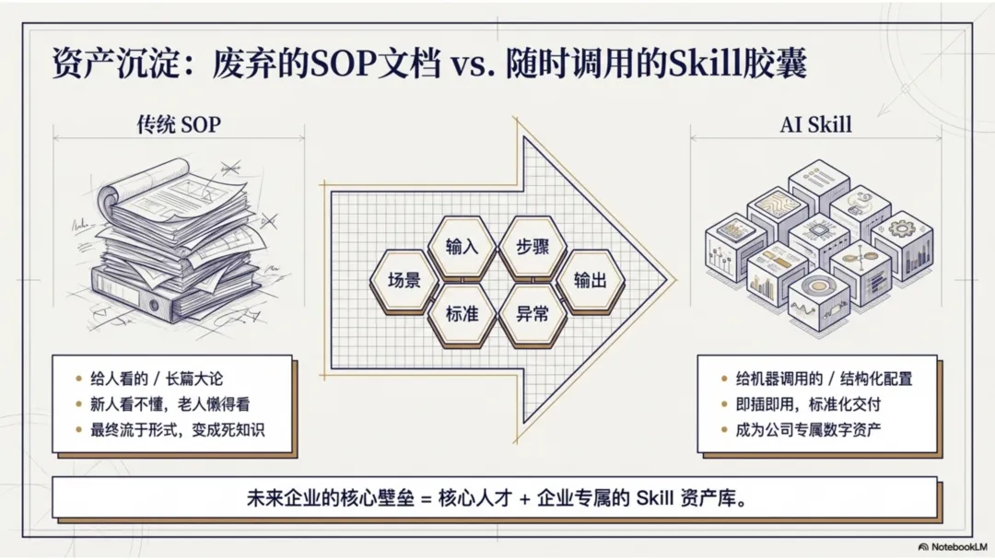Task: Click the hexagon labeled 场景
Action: (x=404, y=281)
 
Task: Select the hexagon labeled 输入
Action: (x=462, y=247)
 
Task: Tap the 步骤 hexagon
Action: (x=530, y=247)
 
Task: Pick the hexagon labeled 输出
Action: (x=590, y=281)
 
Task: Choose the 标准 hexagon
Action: (x=462, y=314)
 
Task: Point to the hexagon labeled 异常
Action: (x=530, y=314)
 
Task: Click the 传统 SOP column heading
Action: (x=179, y=124)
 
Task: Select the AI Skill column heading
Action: (x=815, y=124)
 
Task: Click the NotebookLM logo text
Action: (x=956, y=546)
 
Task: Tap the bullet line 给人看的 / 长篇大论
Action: (x=157, y=379)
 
